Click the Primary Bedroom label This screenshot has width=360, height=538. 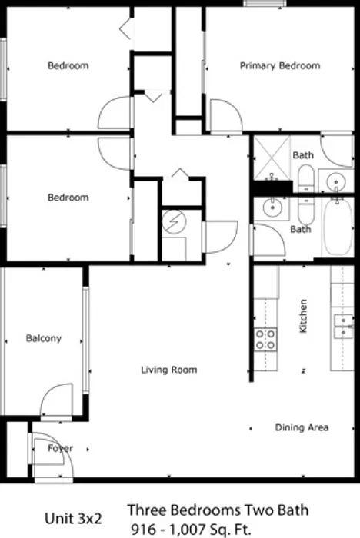tap(280, 65)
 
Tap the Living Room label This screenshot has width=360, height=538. tap(169, 370)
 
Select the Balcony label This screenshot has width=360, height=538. tap(44, 338)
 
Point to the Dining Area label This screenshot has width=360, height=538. tap(302, 427)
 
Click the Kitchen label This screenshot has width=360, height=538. tap(303, 316)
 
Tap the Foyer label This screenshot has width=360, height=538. tap(61, 448)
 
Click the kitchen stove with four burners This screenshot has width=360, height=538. tap(265, 340)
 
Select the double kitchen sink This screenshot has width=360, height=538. tap(343, 327)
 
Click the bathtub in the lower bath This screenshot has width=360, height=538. tap(338, 227)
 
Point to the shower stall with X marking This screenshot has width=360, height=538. tap(272, 158)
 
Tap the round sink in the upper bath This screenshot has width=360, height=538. tap(335, 180)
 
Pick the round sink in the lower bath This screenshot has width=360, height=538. tap(272, 207)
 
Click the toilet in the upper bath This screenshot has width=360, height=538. tap(305, 178)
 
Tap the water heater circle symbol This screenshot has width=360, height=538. tap(175, 222)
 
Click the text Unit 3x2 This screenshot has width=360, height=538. tap(73, 518)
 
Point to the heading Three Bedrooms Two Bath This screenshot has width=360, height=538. tap(218, 510)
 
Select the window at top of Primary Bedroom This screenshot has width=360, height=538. tap(265, 3)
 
